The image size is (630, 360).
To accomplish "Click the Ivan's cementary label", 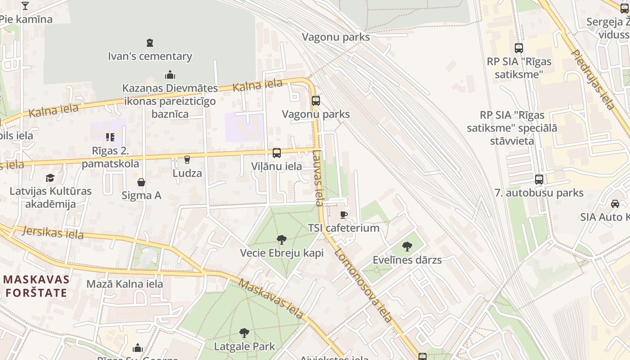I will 150,57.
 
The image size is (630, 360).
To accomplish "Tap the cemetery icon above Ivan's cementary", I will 150,43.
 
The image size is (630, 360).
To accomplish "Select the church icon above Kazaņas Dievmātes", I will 170,74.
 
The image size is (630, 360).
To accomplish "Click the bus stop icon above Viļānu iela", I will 277,153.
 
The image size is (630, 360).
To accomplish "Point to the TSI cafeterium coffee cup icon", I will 344,215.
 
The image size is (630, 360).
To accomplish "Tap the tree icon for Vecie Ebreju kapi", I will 282,239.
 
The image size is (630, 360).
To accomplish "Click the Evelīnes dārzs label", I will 407,260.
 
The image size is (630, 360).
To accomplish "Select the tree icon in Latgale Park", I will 244,333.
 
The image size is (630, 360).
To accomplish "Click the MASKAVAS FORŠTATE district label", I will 36,286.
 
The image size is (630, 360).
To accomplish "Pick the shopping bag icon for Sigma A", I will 141,182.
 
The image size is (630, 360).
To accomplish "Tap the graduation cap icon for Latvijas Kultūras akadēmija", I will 50,178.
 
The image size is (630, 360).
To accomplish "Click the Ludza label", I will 187,173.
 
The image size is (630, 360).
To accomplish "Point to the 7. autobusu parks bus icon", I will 539,180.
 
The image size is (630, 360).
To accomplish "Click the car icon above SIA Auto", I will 615,203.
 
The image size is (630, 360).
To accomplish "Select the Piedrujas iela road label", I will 593,79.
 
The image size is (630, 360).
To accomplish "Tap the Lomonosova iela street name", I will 364,284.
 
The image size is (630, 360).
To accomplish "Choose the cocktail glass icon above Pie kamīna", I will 25,6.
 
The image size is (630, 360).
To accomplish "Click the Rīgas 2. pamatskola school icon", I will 110,137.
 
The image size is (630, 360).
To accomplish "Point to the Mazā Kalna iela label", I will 125,284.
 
